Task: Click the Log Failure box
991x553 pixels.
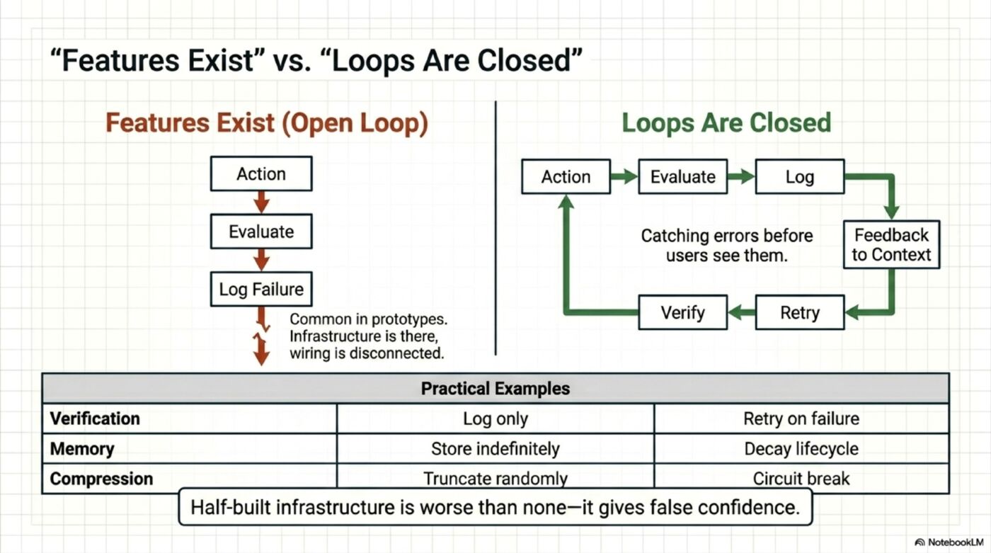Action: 261,289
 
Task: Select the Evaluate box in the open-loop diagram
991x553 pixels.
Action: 261,232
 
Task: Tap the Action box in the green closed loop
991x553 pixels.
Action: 566,177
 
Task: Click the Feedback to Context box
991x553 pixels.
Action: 891,245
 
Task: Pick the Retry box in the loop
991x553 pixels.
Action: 799,312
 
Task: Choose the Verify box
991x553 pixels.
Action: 682,312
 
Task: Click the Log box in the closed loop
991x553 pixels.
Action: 799,177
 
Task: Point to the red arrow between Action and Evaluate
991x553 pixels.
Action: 261,203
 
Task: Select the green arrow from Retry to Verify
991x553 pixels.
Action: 741,312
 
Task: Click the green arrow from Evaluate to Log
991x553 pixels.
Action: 741,177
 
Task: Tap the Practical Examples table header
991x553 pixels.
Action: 495,389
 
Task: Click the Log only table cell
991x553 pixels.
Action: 495,418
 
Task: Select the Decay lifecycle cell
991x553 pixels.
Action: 801,449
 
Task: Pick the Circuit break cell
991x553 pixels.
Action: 801,479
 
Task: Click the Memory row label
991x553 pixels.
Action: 82,449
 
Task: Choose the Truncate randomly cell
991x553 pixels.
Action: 495,479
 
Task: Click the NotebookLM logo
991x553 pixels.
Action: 948,542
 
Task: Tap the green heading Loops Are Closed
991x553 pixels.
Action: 726,122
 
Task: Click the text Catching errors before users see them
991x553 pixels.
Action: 727,245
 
